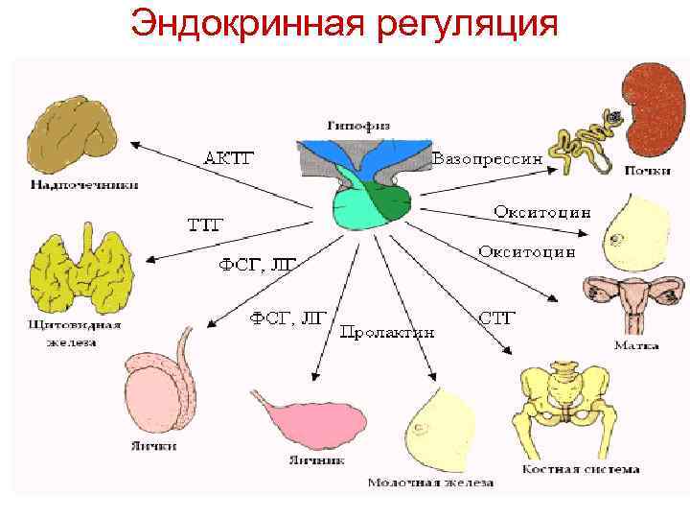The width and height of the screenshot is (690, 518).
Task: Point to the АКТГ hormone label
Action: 234,155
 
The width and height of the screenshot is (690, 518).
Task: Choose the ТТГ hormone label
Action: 204,225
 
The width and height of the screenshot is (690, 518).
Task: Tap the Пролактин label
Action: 388,331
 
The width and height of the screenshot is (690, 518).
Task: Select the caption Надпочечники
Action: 84,185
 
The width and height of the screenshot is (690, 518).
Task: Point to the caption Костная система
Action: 580,469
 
